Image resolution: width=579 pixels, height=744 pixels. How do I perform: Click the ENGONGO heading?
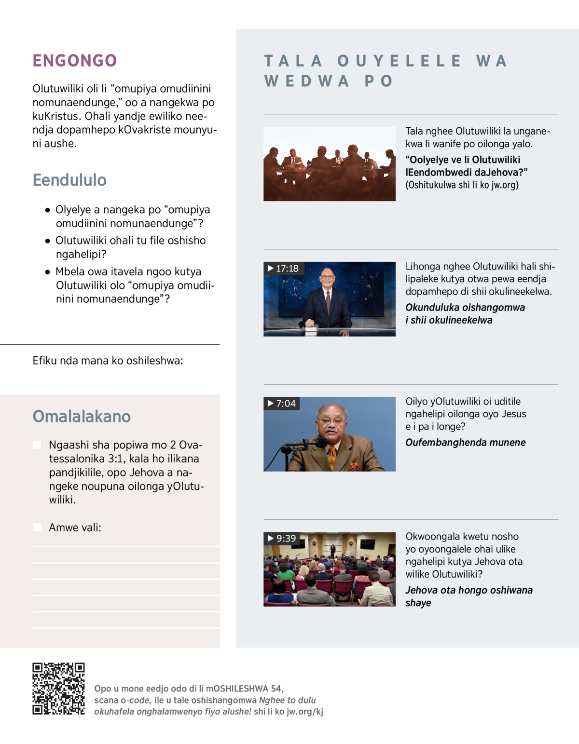pyautogui.click(x=75, y=61)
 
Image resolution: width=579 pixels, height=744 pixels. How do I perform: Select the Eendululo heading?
pyautogui.click(x=69, y=180)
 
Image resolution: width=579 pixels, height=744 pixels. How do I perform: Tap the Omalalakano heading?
pyautogui.click(x=82, y=416)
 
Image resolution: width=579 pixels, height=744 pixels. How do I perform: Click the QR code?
pyautogui.click(x=58, y=689)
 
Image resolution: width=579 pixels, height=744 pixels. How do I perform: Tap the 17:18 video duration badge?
pyautogui.click(x=284, y=269)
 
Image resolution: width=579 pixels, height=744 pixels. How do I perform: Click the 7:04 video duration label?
pyautogui.click(x=282, y=404)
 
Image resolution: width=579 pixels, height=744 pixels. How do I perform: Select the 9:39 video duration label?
pyautogui.click(x=282, y=539)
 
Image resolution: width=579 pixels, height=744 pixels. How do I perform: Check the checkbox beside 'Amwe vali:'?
pyautogui.click(x=37, y=528)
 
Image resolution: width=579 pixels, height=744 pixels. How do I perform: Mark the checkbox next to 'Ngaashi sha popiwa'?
pyautogui.click(x=37, y=445)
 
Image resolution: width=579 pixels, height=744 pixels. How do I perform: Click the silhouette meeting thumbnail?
pyautogui.click(x=329, y=164)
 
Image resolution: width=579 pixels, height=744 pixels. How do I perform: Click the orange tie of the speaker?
pyautogui.click(x=332, y=457)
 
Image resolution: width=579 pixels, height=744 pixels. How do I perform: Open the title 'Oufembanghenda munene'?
pyautogui.click(x=465, y=443)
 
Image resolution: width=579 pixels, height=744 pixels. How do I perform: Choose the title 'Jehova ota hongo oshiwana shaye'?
pyautogui.click(x=469, y=596)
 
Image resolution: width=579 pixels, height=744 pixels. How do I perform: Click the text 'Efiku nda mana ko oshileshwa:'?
pyautogui.click(x=108, y=361)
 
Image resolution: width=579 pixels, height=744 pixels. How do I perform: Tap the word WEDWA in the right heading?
pyautogui.click(x=306, y=81)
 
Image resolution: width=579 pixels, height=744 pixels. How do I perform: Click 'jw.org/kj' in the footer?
pyautogui.click(x=305, y=712)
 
